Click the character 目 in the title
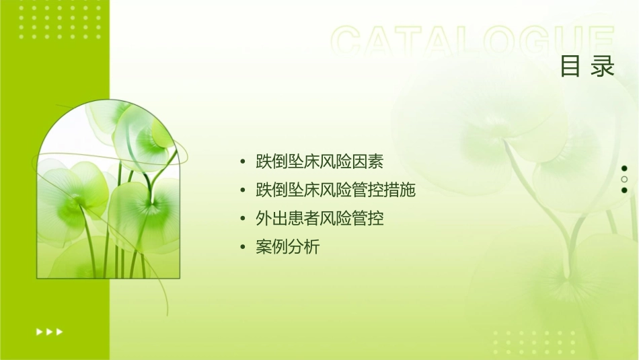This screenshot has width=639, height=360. pos(570,67)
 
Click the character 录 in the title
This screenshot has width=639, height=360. pos(603,67)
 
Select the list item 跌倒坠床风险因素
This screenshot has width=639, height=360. pos(319,161)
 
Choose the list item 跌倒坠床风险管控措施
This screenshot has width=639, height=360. pos(335,190)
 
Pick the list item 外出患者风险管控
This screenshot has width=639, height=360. pos(319,219)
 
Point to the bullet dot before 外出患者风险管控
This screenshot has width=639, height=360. pos(242,219)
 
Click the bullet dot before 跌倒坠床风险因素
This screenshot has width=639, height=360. pos(242,162)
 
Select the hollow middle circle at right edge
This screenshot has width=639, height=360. pos(624,179)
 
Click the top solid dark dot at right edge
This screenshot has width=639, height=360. pos(624,168)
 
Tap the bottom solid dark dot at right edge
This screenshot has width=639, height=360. pos(624,190)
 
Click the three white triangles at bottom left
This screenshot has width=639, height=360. pos(50,331)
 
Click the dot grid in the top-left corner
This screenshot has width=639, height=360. pos(60,21)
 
